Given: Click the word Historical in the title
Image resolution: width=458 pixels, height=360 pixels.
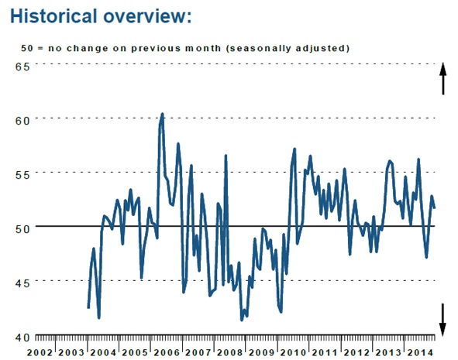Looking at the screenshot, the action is coord(53,15).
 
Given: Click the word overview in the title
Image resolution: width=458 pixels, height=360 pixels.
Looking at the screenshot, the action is coord(144,16).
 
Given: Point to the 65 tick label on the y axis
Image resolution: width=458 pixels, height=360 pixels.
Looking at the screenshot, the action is coord(22,67).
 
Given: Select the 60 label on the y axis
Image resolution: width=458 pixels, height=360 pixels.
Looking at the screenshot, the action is coord(22,121).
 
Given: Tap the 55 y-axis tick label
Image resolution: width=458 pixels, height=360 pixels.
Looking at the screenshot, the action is coord(22,175).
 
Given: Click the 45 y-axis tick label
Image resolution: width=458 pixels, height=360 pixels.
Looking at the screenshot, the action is coord(22,283).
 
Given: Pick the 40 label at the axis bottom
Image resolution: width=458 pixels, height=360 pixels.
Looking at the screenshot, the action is coord(22,338).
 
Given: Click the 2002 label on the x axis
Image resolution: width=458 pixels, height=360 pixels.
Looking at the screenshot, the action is coord(40,353).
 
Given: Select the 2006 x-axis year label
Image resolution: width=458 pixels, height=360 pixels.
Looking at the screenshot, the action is coord(167,353).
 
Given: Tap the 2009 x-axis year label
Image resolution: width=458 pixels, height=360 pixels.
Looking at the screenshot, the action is coord(261,353).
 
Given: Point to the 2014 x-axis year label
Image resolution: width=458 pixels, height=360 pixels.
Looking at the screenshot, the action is coord(420,353).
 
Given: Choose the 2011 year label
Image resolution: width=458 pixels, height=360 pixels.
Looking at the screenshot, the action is coord(325,353).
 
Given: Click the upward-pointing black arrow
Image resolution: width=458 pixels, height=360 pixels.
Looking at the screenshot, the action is coord(443,78).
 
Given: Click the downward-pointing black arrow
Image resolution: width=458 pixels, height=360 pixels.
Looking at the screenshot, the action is coord(443,320).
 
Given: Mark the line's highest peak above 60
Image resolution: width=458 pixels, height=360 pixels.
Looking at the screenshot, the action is coord(163,114).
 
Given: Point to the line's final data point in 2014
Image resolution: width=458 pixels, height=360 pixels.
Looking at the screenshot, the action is coord(434,207).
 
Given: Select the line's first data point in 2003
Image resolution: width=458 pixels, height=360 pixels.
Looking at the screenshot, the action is coord(88,308).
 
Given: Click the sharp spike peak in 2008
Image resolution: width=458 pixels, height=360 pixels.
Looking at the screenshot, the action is coord(226,156).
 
